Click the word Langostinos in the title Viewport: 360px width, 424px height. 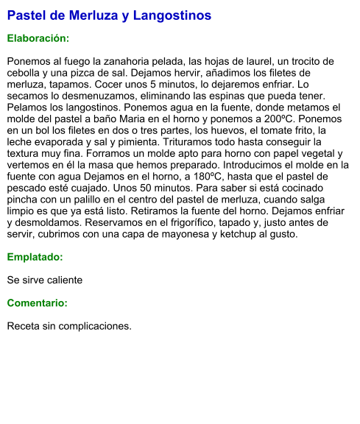[x=175, y=15]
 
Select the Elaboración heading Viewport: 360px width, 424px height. [x=38, y=38]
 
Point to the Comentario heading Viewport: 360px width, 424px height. [x=37, y=303]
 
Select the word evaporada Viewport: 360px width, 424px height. [x=66, y=141]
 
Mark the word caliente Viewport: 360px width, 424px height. [x=63, y=280]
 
